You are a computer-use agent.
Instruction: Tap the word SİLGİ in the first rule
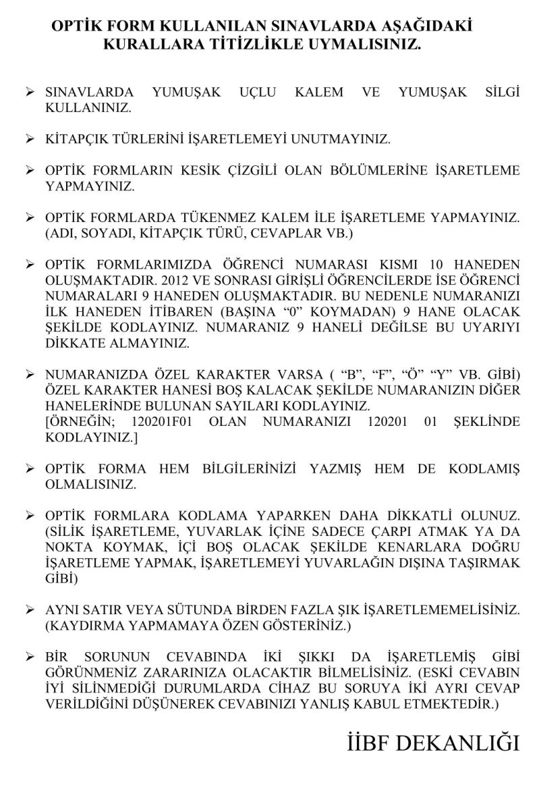coord(501,92)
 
